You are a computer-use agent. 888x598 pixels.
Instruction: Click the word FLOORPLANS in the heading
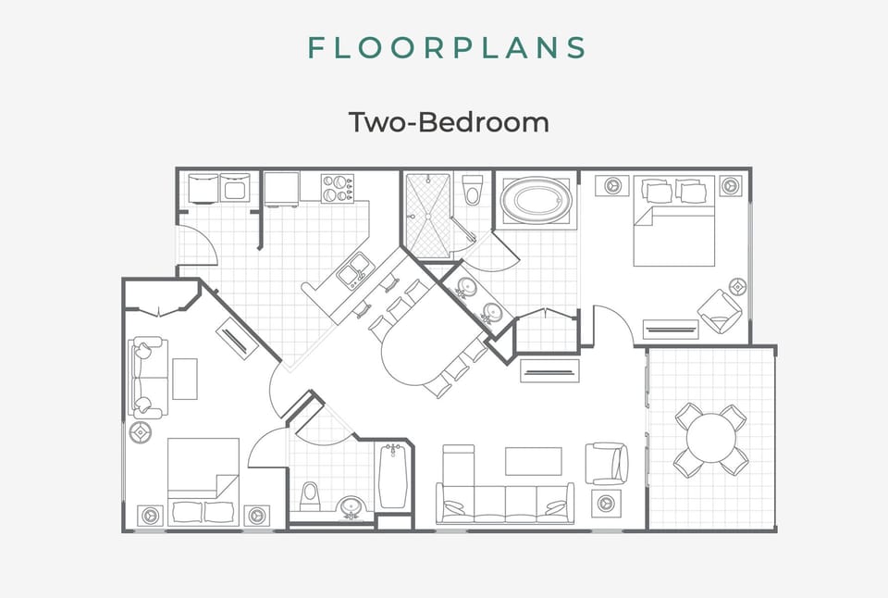coord(447,48)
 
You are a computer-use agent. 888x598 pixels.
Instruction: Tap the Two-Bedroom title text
coord(448,121)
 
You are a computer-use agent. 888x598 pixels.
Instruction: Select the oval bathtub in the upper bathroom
coord(536,200)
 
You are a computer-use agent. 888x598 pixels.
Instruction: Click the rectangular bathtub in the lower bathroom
coord(392,475)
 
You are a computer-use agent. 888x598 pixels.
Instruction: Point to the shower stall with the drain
coord(427,215)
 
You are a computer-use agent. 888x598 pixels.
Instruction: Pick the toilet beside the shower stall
coord(473,191)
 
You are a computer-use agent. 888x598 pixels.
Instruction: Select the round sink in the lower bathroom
coord(351,507)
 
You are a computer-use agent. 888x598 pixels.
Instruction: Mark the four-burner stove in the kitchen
coord(339,189)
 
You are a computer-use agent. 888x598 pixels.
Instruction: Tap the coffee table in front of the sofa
coord(533,461)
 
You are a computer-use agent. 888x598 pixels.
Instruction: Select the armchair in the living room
coord(607,463)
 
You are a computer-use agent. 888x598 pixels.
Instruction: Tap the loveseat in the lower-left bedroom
coord(148,377)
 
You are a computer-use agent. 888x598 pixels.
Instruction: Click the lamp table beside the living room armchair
coord(606,504)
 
